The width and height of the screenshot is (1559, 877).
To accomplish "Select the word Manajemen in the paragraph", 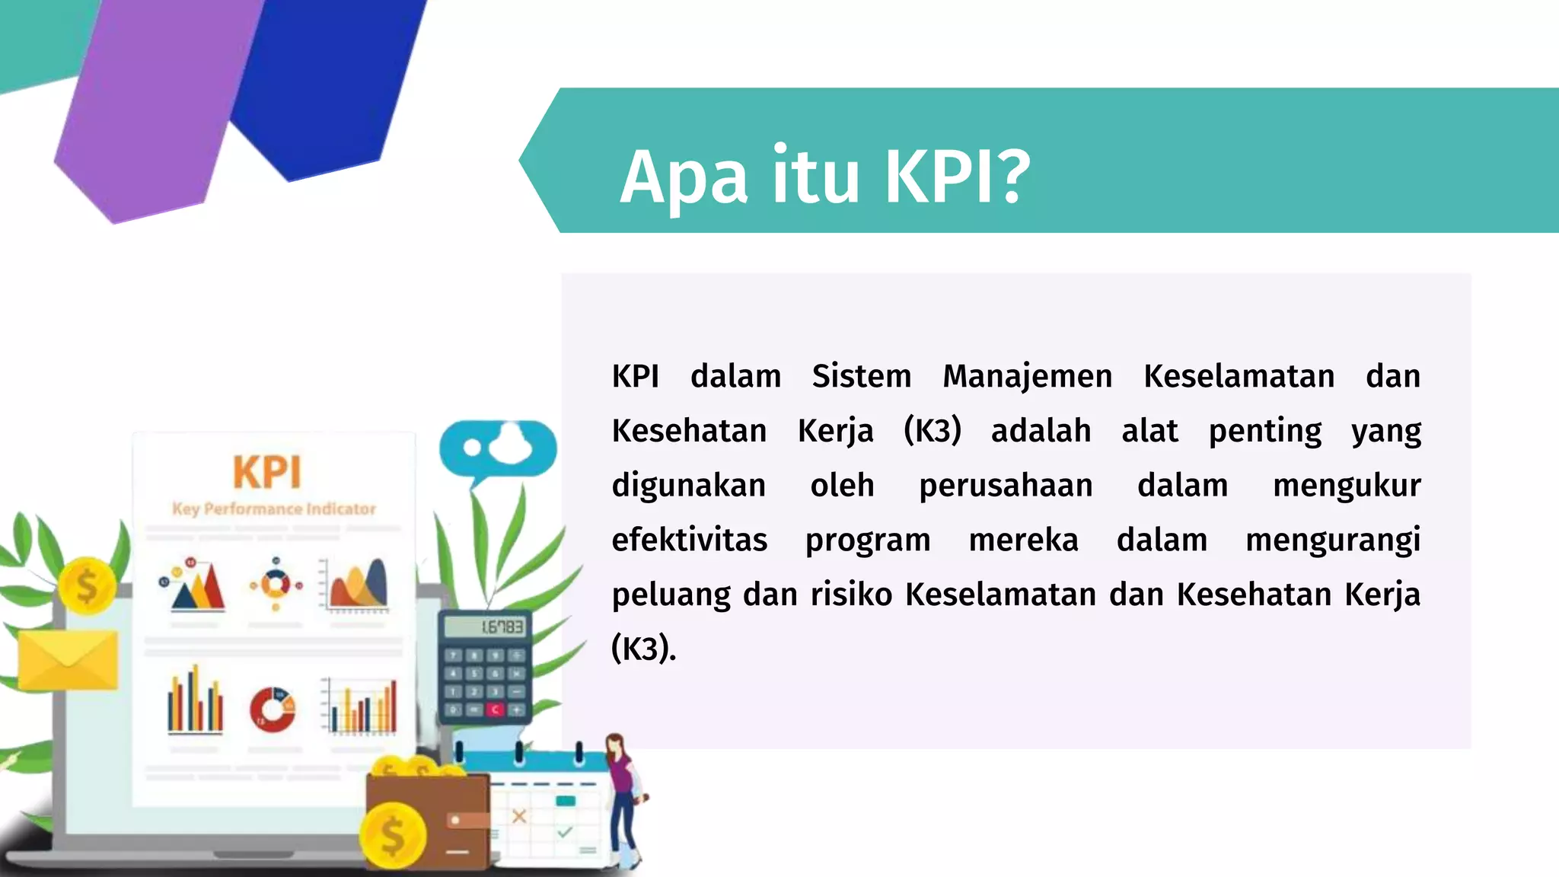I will tap(1027, 376).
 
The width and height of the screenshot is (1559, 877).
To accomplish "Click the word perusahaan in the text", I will tap(1006, 486).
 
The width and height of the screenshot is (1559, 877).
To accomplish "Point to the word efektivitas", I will tap(690, 540).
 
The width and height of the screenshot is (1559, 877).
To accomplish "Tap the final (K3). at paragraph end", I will tap(643, 649).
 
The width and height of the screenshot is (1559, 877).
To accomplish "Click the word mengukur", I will tap(1346, 486).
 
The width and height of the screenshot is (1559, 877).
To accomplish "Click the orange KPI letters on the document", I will tap(267, 472).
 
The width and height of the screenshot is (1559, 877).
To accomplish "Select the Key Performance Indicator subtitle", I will tap(274, 509).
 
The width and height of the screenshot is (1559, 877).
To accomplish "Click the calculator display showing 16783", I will tap(486, 627).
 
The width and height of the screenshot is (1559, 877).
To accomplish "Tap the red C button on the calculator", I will tap(495, 710).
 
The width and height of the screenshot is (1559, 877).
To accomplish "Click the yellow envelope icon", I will tap(68, 659).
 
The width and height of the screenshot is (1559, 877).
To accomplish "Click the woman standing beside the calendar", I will tap(623, 799).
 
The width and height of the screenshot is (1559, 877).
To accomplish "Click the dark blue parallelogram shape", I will tap(327, 84).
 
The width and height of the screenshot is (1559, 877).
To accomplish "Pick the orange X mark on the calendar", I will tap(519, 816).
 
